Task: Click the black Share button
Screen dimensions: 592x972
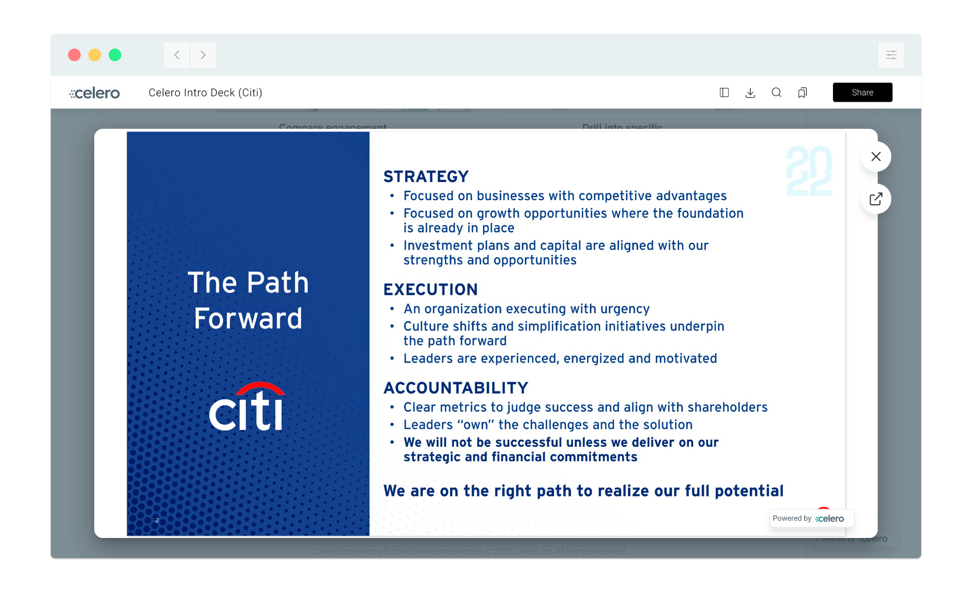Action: (x=862, y=92)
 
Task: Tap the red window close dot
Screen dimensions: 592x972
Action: (x=74, y=55)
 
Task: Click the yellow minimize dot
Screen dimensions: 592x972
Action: (x=95, y=55)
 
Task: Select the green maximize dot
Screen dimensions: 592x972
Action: (x=115, y=55)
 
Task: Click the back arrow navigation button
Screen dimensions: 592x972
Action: (x=177, y=55)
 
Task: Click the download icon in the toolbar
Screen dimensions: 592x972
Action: (x=750, y=93)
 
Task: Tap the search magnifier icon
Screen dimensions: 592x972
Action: (x=776, y=93)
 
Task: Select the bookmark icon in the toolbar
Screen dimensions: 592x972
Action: (x=802, y=93)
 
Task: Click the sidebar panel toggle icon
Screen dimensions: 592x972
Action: (x=724, y=93)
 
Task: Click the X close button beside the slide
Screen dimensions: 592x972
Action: (x=876, y=156)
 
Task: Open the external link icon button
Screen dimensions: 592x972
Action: (x=876, y=199)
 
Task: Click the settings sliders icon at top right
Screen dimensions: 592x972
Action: (x=891, y=55)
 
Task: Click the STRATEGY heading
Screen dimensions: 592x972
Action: (x=426, y=177)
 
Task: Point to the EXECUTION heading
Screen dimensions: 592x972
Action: (x=431, y=290)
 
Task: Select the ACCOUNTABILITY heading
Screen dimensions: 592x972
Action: (x=456, y=388)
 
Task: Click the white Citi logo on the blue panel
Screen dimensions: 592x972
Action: (x=247, y=407)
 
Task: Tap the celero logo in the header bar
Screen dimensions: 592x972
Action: (x=95, y=93)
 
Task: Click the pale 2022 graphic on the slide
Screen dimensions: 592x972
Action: (x=809, y=171)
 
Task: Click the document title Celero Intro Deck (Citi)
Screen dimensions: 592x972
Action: (x=205, y=93)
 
